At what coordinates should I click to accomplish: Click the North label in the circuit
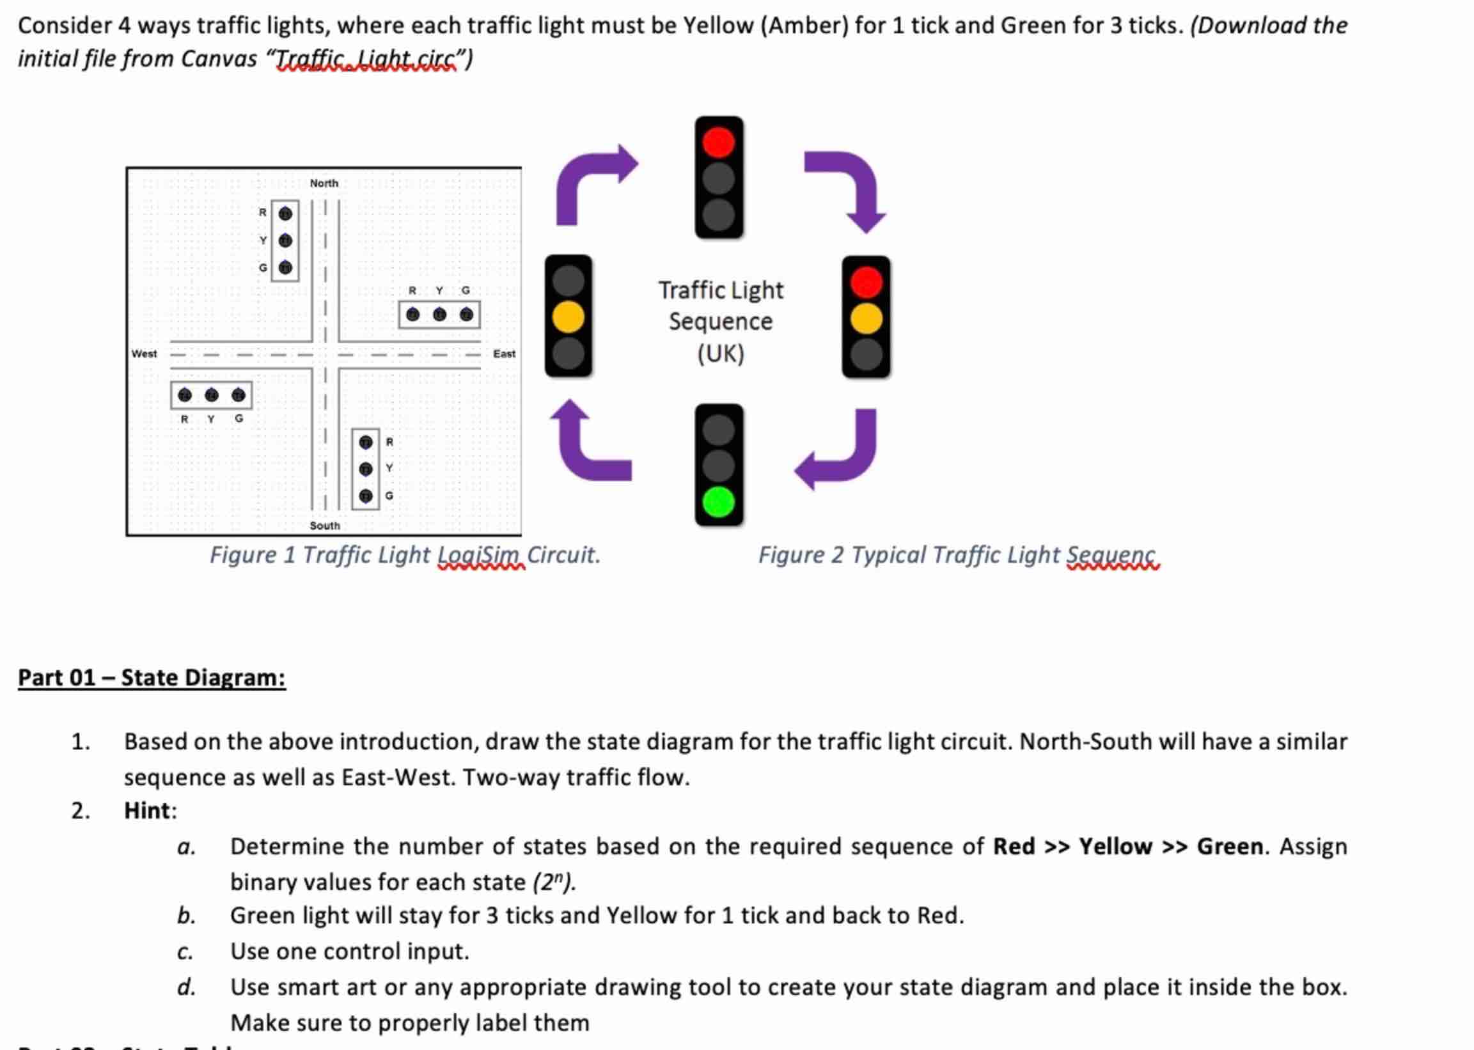coord(324,183)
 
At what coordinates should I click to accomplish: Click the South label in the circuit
coord(325,526)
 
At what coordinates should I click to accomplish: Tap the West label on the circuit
coord(143,354)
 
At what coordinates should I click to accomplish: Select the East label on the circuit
coord(505,354)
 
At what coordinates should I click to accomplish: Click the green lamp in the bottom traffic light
coord(718,503)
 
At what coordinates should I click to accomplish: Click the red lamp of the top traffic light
coord(718,142)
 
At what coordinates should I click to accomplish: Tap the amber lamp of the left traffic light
coord(568,317)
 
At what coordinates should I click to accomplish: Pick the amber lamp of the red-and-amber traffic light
coord(866,318)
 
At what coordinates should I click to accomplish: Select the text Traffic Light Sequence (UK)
coord(720,322)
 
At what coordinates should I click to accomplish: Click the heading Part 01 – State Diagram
coord(152,678)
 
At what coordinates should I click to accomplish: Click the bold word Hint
coord(149,810)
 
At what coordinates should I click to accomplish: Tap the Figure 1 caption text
coord(405,555)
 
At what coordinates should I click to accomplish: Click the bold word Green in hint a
coord(1230,847)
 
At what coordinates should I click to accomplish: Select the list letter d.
coord(186,987)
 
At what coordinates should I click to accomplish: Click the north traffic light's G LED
coord(285,267)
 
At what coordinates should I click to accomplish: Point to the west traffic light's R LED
coord(185,395)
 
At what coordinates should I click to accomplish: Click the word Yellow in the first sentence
coord(718,26)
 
